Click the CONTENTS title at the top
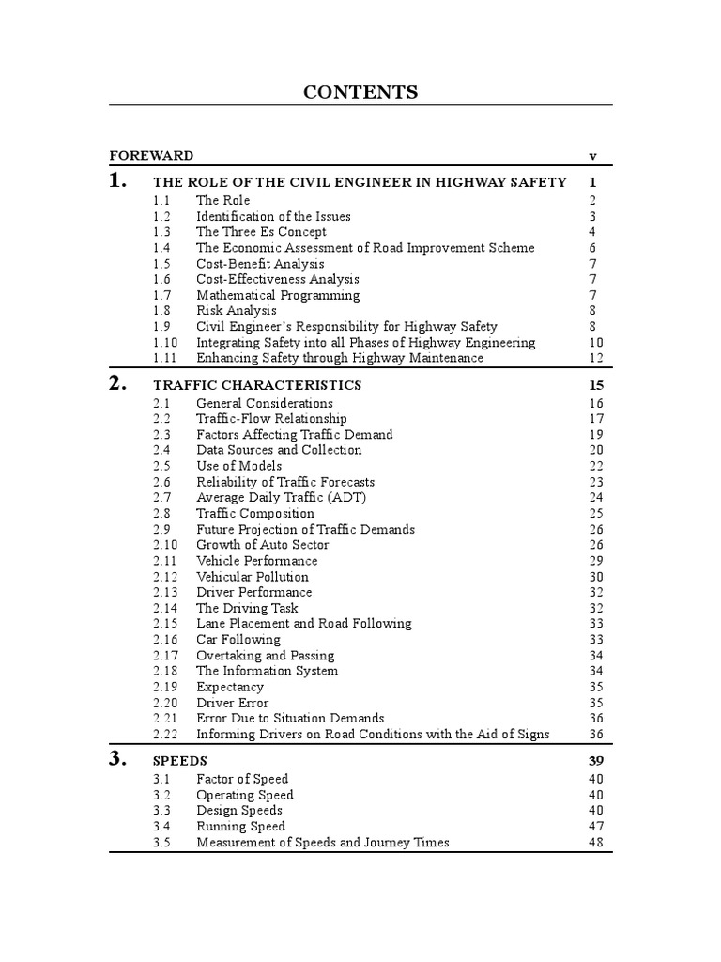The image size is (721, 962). [360, 92]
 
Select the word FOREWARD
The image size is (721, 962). [151, 156]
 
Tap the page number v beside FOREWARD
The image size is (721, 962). [592, 156]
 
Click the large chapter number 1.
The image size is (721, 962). [118, 181]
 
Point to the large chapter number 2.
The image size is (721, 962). [118, 384]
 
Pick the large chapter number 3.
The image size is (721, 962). [118, 760]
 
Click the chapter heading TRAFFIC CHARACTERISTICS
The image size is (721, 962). [256, 385]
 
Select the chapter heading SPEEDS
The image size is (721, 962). [179, 761]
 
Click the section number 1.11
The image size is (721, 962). [164, 358]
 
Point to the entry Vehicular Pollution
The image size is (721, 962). [252, 577]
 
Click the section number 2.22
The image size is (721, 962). [164, 734]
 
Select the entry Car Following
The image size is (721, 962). [238, 640]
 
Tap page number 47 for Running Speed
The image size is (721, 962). [596, 827]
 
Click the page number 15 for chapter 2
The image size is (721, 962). [596, 385]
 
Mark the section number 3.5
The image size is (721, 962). [161, 843]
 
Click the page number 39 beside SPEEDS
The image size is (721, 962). [596, 761]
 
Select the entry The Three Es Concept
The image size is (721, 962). [261, 232]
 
